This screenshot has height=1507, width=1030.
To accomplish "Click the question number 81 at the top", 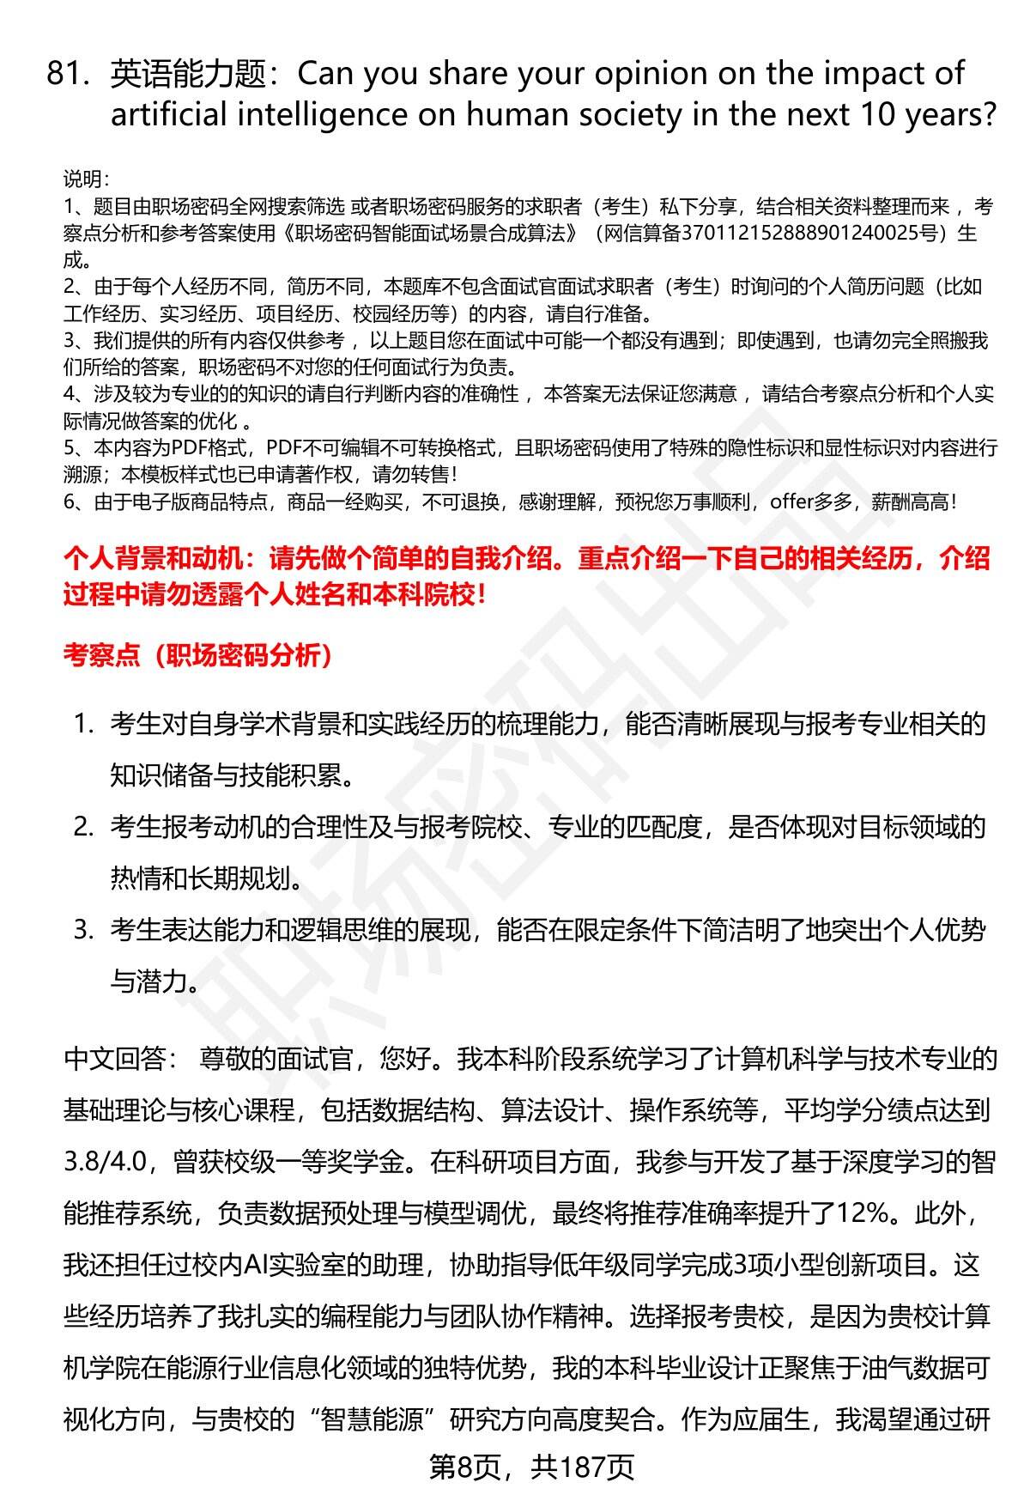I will pyautogui.click(x=67, y=76).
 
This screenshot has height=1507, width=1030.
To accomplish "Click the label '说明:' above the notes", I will pyautogui.click(x=86, y=179).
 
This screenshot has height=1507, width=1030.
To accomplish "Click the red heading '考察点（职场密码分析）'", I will pyautogui.click(x=198, y=656).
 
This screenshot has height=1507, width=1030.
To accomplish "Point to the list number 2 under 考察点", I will pyautogui.click(x=83, y=828).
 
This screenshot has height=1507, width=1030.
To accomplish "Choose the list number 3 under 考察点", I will pyautogui.click(x=83, y=930).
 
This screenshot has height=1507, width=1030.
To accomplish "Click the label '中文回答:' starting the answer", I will pyautogui.click(x=115, y=1060).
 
